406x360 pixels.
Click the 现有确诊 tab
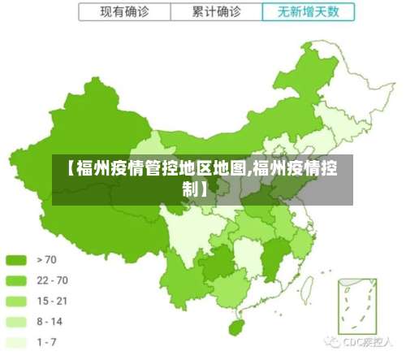click(x=125, y=12)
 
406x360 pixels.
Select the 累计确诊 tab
click(x=217, y=12)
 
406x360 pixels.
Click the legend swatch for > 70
click(x=17, y=260)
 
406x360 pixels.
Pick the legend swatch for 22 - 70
click(x=17, y=280)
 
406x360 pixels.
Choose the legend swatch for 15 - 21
click(x=17, y=301)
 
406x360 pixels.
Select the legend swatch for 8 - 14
click(x=17, y=321)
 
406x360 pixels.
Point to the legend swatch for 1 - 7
click(x=17, y=341)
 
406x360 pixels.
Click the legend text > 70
click(x=47, y=260)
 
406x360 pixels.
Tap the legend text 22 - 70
click(x=52, y=280)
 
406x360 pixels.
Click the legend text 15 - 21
click(x=52, y=301)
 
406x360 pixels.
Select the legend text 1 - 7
click(x=47, y=341)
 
